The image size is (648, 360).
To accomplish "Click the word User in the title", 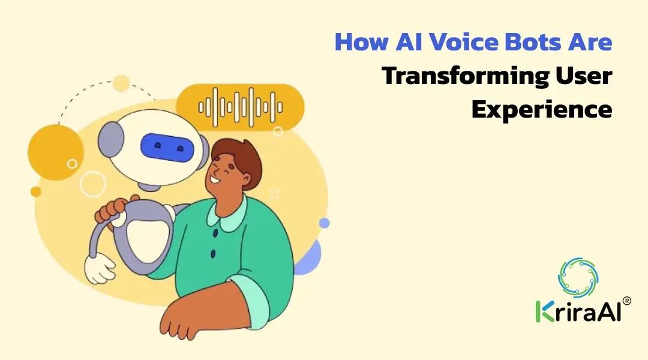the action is pos(584,76).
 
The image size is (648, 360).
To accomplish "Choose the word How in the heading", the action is pos(362,42).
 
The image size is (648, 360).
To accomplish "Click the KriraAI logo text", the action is pos(578,311).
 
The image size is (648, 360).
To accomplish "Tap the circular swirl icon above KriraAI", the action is pos(578,277).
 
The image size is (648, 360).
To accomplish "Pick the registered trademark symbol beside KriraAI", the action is pos(626,301).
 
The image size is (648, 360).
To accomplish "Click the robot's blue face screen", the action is pos(167,148).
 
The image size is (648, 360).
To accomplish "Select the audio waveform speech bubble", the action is pos(240,107).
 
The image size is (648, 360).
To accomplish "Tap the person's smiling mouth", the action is pos(215,180).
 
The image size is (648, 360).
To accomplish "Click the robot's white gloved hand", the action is pos(100,269).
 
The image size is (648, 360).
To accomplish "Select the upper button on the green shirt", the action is pos(215,233).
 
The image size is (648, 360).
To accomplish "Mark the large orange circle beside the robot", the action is pos(56,152).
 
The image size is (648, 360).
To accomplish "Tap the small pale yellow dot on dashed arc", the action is pos(121,83).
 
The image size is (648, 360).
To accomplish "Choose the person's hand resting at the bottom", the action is pos(194,315).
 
